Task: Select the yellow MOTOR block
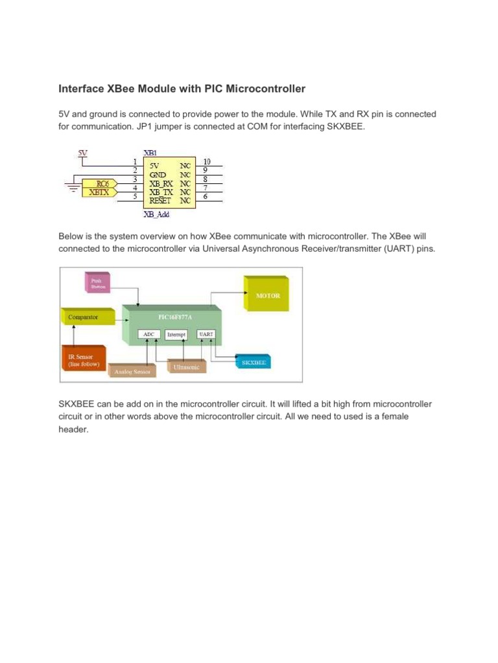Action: [268, 296]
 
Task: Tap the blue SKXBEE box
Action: [254, 363]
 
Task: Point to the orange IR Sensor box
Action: [80, 360]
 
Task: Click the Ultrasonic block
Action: [187, 366]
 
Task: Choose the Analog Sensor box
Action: [132, 372]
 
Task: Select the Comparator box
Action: [88, 317]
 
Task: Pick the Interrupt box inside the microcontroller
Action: [176, 335]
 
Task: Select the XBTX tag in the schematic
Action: [99, 192]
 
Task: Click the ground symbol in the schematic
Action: [72, 188]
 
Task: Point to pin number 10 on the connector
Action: [207, 161]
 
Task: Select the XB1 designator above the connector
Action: [150, 153]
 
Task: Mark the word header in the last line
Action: [72, 429]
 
